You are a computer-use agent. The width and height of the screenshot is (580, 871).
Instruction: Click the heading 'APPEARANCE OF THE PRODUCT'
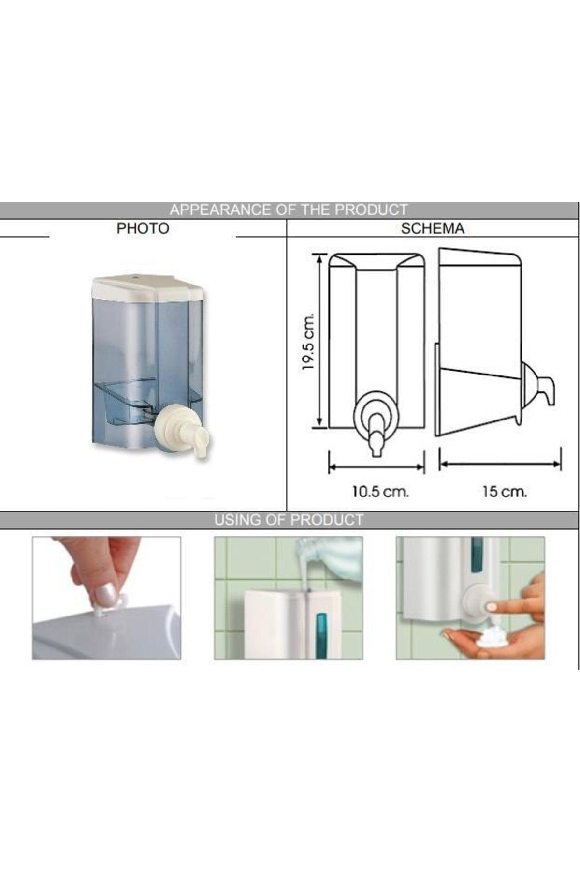tap(289, 210)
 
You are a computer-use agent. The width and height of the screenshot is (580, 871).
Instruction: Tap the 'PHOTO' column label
tap(143, 228)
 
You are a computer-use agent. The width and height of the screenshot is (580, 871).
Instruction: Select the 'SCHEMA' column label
tap(433, 228)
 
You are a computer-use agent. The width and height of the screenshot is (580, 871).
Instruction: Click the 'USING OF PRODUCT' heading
tap(289, 520)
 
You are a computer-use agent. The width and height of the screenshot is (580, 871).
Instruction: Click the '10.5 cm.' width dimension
tap(380, 492)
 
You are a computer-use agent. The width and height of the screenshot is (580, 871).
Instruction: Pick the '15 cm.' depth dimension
tap(505, 492)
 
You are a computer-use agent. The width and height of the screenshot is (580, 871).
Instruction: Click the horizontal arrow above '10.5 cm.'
tap(377, 467)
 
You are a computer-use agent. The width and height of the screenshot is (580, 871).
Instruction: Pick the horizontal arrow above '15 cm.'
tap(500, 464)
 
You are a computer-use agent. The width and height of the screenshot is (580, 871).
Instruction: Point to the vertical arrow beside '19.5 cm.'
tap(319, 341)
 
